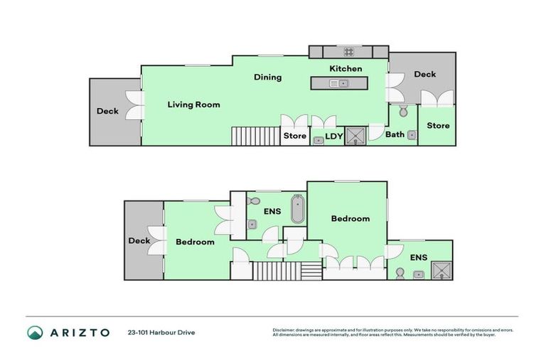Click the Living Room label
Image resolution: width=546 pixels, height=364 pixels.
(193, 105)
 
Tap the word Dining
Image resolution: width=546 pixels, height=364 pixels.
(268, 77)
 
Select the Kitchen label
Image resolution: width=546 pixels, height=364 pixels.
(346, 69)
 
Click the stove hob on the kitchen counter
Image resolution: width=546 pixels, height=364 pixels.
(349, 51)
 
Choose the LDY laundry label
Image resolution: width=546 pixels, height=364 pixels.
(334, 136)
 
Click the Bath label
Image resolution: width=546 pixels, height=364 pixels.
(395, 134)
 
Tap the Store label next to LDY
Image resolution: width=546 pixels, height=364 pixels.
(294, 136)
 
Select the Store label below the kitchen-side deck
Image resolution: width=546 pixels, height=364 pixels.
(438, 126)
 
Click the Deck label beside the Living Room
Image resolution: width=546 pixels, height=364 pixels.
(107, 111)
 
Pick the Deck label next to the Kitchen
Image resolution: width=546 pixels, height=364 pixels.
(424, 74)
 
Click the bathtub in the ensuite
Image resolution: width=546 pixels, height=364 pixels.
(297, 211)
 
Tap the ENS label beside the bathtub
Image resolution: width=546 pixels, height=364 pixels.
(272, 212)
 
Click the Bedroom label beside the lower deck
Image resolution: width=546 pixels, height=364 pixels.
(195, 242)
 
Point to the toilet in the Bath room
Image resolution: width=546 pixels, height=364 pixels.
(403, 111)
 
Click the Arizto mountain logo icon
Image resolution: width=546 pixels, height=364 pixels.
(35, 332)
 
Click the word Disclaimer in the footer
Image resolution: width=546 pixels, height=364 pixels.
(284, 329)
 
